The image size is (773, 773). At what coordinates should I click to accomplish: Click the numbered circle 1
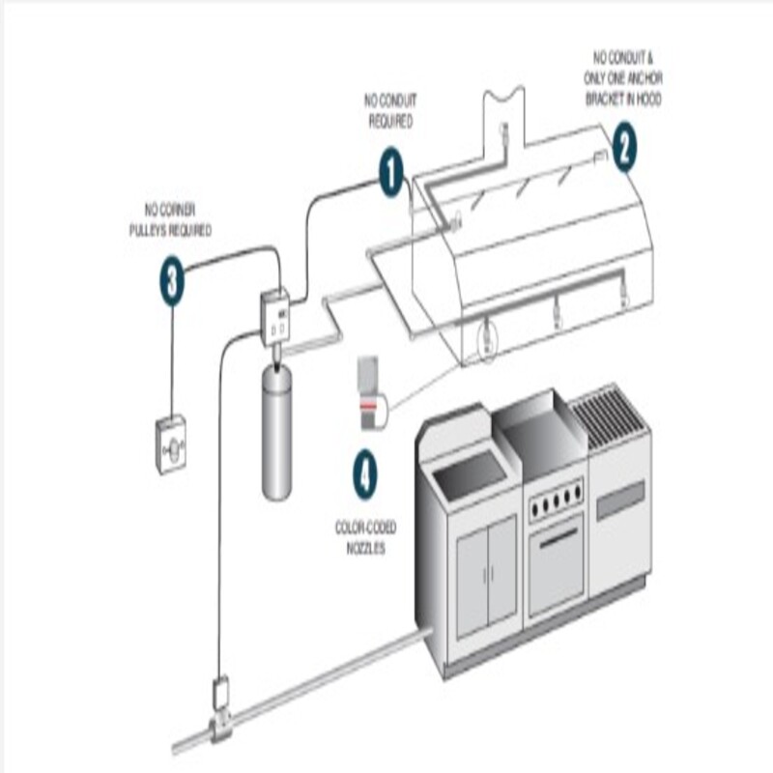[390, 174]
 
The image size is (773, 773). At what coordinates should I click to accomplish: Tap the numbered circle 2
[624, 149]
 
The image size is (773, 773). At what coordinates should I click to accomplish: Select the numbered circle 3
[172, 283]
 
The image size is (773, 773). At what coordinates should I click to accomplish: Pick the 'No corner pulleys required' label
[171, 219]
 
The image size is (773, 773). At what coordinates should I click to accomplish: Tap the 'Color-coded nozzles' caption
[365, 537]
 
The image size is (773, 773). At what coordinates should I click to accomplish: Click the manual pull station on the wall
[171, 444]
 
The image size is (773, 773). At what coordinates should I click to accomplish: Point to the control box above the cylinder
[276, 316]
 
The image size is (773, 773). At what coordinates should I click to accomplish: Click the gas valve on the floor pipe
[220, 711]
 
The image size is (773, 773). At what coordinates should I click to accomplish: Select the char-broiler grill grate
[609, 416]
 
